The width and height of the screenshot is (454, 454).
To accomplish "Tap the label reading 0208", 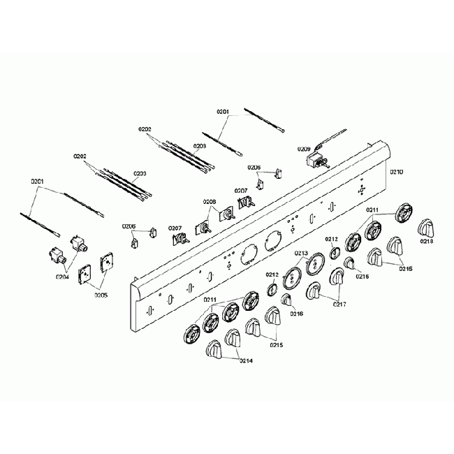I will pyautogui.click(x=209, y=202).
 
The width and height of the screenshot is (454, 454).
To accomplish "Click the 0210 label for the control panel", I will pyautogui.click(x=397, y=171).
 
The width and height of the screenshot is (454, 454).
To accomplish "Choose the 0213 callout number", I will pyautogui.click(x=302, y=253).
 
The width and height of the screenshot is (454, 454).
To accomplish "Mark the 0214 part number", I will pyautogui.click(x=244, y=360).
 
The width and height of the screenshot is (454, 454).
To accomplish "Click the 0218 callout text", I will pyautogui.click(x=426, y=241).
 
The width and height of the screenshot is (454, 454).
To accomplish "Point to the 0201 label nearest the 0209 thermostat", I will pyautogui.click(x=223, y=112).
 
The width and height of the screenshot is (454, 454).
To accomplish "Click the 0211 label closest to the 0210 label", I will pyautogui.click(x=372, y=210).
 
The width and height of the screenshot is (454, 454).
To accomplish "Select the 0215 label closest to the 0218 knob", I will pyautogui.click(x=405, y=269).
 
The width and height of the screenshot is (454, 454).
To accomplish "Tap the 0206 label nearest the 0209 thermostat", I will pyautogui.click(x=254, y=168).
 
